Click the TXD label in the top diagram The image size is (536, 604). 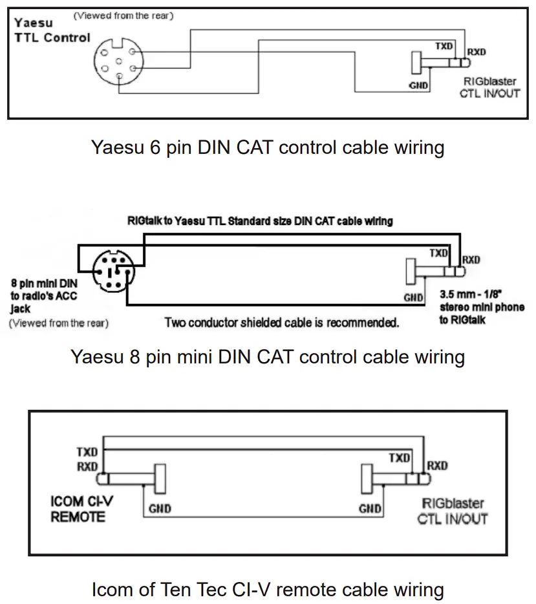pyautogui.click(x=444, y=47)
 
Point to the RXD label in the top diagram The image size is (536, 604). pyautogui.click(x=477, y=52)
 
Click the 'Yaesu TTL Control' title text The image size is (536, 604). pyautogui.click(x=51, y=30)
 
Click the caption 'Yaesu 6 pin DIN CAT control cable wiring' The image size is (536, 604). pyautogui.click(x=268, y=147)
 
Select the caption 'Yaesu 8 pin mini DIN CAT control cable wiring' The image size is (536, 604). pyautogui.click(x=268, y=356)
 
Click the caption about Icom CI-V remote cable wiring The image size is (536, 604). pyautogui.click(x=268, y=589)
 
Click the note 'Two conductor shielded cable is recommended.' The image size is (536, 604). pyautogui.click(x=281, y=322)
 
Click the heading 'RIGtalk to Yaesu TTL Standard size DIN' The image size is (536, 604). pyautogui.click(x=259, y=221)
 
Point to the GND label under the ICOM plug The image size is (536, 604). pyautogui.click(x=160, y=508)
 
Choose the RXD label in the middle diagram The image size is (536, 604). pyautogui.click(x=471, y=260)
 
